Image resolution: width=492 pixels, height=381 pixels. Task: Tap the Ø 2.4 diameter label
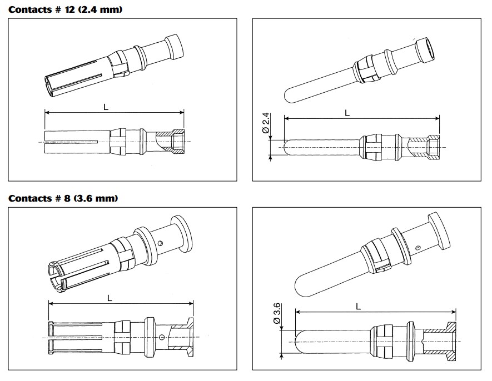coord(266,124)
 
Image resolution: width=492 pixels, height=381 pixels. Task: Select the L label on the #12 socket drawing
coord(106,106)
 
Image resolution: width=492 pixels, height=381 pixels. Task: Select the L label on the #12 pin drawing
coord(347,112)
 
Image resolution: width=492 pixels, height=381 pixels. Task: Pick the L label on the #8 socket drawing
coord(110,297)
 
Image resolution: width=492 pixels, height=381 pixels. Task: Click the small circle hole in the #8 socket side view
coord(161,338)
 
